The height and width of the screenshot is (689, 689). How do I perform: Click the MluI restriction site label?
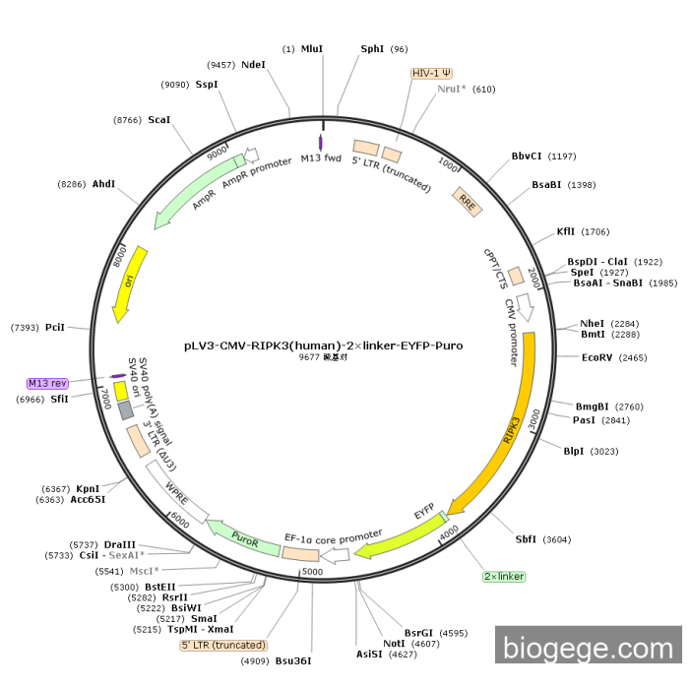pos(312,48)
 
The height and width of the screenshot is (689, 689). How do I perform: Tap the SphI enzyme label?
pos(372,48)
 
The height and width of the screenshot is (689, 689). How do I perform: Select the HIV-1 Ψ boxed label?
pos(431,73)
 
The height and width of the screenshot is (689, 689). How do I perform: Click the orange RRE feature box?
pos(467,201)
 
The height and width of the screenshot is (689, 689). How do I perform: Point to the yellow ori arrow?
pos(130,283)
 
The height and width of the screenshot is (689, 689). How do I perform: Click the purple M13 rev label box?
pos(47,383)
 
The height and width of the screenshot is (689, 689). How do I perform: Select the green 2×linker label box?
pos(504,576)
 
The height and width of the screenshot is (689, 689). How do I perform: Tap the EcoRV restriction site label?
pos(596,357)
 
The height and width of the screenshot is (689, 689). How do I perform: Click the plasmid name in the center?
pos(324,345)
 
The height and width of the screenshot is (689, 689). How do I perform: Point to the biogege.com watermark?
pos(589,648)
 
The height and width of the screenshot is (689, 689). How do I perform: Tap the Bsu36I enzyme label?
pos(293,660)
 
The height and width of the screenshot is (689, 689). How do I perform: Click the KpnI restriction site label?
pos(88,488)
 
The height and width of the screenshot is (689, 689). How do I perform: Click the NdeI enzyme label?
pos(253,64)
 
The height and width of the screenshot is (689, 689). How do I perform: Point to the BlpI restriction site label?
pos(573,451)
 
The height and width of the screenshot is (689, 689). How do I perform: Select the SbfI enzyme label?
pos(527,538)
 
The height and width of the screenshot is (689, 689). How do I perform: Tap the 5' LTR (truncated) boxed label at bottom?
pos(223,646)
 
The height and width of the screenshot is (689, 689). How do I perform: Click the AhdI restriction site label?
pos(103,184)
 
